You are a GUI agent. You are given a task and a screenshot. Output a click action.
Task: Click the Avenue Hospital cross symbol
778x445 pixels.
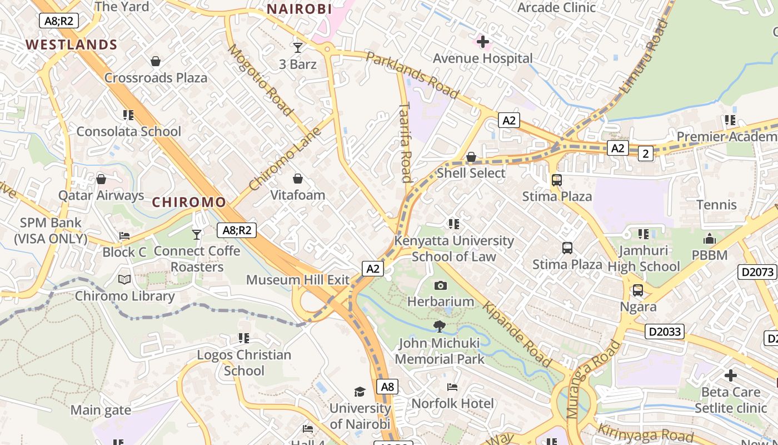pyautogui.click(x=483, y=41)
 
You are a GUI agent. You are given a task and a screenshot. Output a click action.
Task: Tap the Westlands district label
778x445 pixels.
pyautogui.click(x=71, y=44)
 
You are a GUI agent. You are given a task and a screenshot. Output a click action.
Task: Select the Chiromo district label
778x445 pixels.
pyautogui.click(x=189, y=202)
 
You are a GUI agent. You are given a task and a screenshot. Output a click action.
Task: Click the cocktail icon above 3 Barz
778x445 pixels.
pyautogui.click(x=298, y=48)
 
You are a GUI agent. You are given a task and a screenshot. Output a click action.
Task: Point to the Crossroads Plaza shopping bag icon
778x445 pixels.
pyautogui.click(x=156, y=61)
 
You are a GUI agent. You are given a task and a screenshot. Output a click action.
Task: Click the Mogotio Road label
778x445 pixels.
pyautogui.click(x=260, y=80)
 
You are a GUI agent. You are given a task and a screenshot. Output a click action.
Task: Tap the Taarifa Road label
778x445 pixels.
pyautogui.click(x=406, y=142)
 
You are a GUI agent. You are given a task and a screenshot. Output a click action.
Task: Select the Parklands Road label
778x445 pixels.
pyautogui.click(x=412, y=75)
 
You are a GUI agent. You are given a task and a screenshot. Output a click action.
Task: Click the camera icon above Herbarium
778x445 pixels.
pyautogui.click(x=441, y=285)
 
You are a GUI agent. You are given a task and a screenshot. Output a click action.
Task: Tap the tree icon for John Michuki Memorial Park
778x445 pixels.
pyautogui.click(x=440, y=326)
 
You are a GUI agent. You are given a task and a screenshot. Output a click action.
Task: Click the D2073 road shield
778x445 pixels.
pyautogui.click(x=757, y=272)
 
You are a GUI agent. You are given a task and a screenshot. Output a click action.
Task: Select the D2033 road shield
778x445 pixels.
pyautogui.click(x=665, y=332)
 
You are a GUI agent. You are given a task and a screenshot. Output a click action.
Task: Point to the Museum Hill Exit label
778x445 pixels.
pyautogui.click(x=298, y=279)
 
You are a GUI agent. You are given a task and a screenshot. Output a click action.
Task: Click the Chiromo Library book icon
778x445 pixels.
pyautogui.click(x=124, y=279)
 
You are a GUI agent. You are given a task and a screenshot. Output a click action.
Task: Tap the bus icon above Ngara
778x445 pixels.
pyautogui.click(x=638, y=290)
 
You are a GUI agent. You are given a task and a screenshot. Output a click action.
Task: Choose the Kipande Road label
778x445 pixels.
pyautogui.click(x=517, y=335)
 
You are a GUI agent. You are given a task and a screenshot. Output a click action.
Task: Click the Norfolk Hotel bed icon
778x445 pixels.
pyautogui.click(x=452, y=387)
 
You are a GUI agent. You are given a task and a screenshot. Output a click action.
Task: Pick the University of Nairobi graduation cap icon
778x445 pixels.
pyautogui.click(x=360, y=392)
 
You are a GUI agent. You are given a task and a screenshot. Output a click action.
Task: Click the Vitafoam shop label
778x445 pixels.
pyautogui.click(x=298, y=195)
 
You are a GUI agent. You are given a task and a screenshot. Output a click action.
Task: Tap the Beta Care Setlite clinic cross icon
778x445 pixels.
pyautogui.click(x=731, y=375)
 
